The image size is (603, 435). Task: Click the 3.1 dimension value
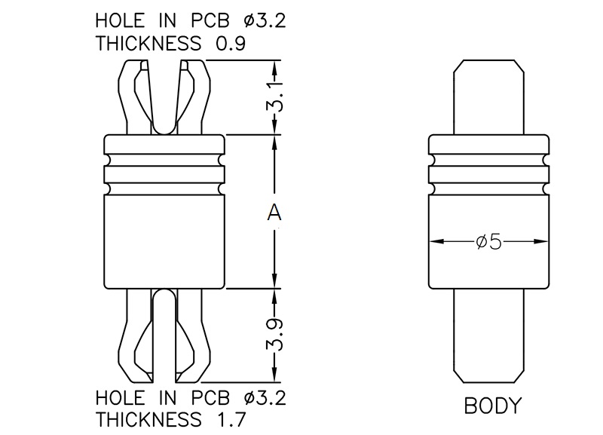click(x=276, y=96)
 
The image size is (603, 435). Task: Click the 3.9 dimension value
click(x=276, y=335)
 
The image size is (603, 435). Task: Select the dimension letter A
click(x=274, y=213)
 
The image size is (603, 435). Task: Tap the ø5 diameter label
click(x=488, y=242)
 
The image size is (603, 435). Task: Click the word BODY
click(x=492, y=407)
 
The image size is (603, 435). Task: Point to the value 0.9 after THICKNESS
click(x=231, y=43)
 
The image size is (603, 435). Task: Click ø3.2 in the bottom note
click(x=265, y=396)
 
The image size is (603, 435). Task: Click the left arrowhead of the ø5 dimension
click(x=436, y=242)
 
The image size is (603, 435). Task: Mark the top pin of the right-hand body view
click(x=488, y=98)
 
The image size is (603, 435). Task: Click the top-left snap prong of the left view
click(x=134, y=94)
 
